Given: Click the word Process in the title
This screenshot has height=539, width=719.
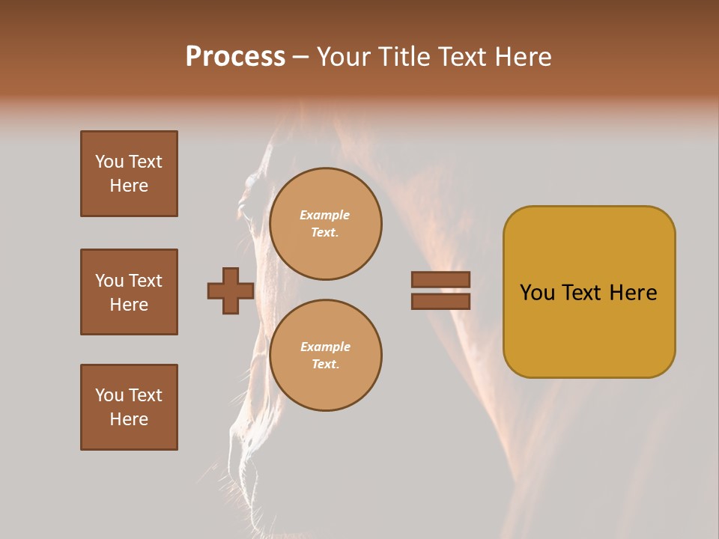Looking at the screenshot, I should [x=235, y=57].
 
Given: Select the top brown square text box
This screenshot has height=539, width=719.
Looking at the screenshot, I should [x=129, y=174].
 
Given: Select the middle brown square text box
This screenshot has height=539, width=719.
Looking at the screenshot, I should [x=129, y=292].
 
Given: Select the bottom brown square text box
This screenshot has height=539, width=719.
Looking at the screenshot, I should [x=129, y=407].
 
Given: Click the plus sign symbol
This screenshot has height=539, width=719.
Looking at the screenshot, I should [x=231, y=291].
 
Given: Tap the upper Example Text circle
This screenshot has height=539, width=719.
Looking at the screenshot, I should [x=326, y=224].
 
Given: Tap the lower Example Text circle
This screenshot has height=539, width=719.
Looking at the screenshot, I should [x=326, y=356].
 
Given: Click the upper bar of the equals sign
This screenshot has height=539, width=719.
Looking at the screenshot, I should [x=440, y=280].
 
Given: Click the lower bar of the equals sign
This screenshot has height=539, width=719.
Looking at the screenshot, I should [x=440, y=302].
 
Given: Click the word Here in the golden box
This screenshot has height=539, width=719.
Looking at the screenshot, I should [x=633, y=293].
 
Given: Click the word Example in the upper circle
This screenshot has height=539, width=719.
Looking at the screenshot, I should [x=325, y=215].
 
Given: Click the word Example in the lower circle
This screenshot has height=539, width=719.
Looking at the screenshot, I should [x=325, y=347].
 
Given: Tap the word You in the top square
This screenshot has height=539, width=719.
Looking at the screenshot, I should [x=109, y=162].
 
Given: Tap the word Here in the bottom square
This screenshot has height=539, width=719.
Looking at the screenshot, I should [x=129, y=419].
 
